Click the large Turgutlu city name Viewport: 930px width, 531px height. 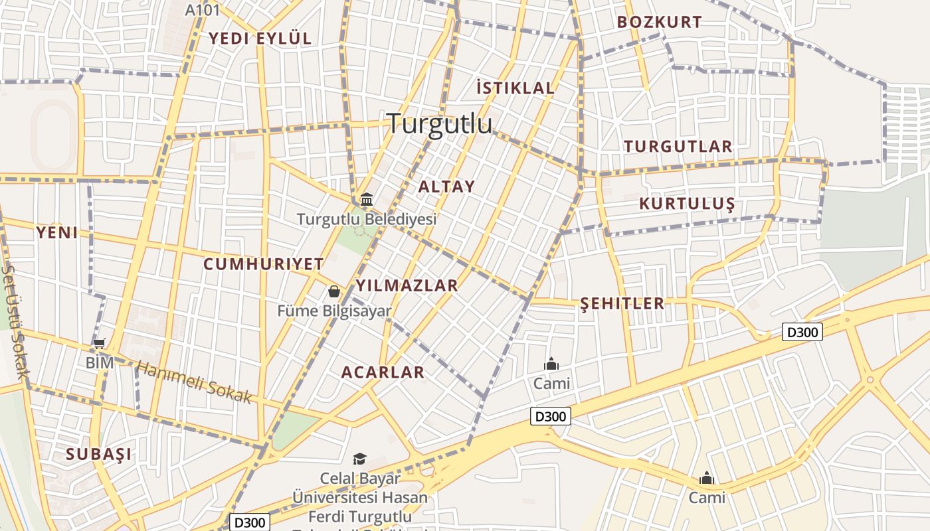(439, 123)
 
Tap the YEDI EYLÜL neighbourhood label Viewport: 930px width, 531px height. (260, 38)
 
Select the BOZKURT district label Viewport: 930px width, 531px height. (659, 22)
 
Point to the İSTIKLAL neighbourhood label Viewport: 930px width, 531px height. (515, 88)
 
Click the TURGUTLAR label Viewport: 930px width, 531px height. (678, 147)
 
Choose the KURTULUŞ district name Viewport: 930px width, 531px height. (687, 204)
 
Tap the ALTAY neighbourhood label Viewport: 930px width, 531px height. (446, 187)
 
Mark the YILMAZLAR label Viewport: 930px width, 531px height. (407, 286)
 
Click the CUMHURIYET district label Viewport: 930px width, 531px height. (263, 264)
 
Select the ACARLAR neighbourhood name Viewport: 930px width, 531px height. (383, 372)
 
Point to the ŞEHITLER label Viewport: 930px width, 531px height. (622, 304)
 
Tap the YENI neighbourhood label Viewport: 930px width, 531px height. (57, 232)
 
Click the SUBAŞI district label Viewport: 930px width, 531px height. (98, 455)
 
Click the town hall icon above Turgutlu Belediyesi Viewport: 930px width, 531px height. (366, 199)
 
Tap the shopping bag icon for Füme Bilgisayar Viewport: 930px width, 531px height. (333, 291)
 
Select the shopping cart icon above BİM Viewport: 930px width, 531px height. (100, 344)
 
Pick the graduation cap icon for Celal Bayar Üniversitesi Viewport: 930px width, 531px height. (359, 459)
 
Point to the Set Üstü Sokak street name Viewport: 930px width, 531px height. (14, 322)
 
